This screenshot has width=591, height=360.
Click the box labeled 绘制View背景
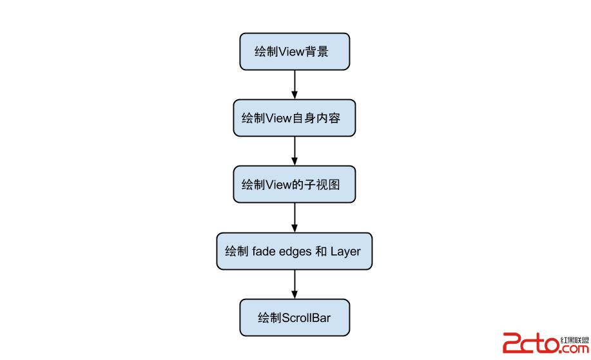[x=295, y=52]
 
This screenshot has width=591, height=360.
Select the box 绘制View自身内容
[x=295, y=118]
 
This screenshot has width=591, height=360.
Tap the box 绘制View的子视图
[x=295, y=184]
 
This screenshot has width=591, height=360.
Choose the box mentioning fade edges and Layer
[x=295, y=251]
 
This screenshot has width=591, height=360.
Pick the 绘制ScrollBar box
[x=295, y=317]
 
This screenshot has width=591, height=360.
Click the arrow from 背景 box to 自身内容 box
[x=295, y=84]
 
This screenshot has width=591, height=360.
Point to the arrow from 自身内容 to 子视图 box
[x=295, y=151]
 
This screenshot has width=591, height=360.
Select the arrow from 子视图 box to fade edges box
[x=295, y=218]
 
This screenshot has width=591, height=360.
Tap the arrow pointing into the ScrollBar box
[x=295, y=284]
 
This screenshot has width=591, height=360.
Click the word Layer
[x=345, y=251]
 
